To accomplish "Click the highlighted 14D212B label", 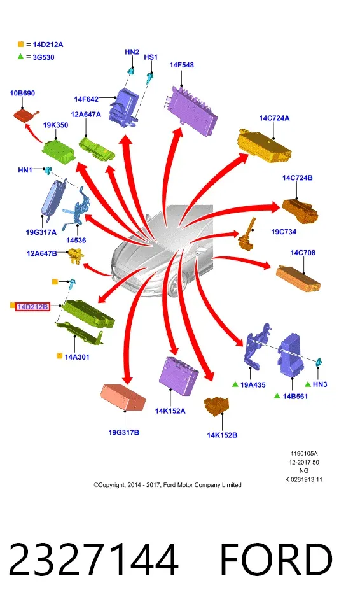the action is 32,307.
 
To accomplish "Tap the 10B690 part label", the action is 22,93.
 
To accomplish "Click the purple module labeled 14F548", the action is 190,109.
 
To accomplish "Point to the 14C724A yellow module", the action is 265,145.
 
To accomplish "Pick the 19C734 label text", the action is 284,232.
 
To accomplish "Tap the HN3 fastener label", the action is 320,384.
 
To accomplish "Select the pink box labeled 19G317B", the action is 123,397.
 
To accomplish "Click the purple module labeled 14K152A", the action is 179,374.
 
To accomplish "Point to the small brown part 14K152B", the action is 216,407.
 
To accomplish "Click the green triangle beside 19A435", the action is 235,384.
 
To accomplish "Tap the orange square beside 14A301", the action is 59,355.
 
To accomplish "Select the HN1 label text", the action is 25,170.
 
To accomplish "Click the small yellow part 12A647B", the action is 76,256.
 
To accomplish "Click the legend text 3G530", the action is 43,57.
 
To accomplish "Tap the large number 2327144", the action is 93,559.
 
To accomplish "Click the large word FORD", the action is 276,559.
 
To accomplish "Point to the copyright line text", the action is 167,485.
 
